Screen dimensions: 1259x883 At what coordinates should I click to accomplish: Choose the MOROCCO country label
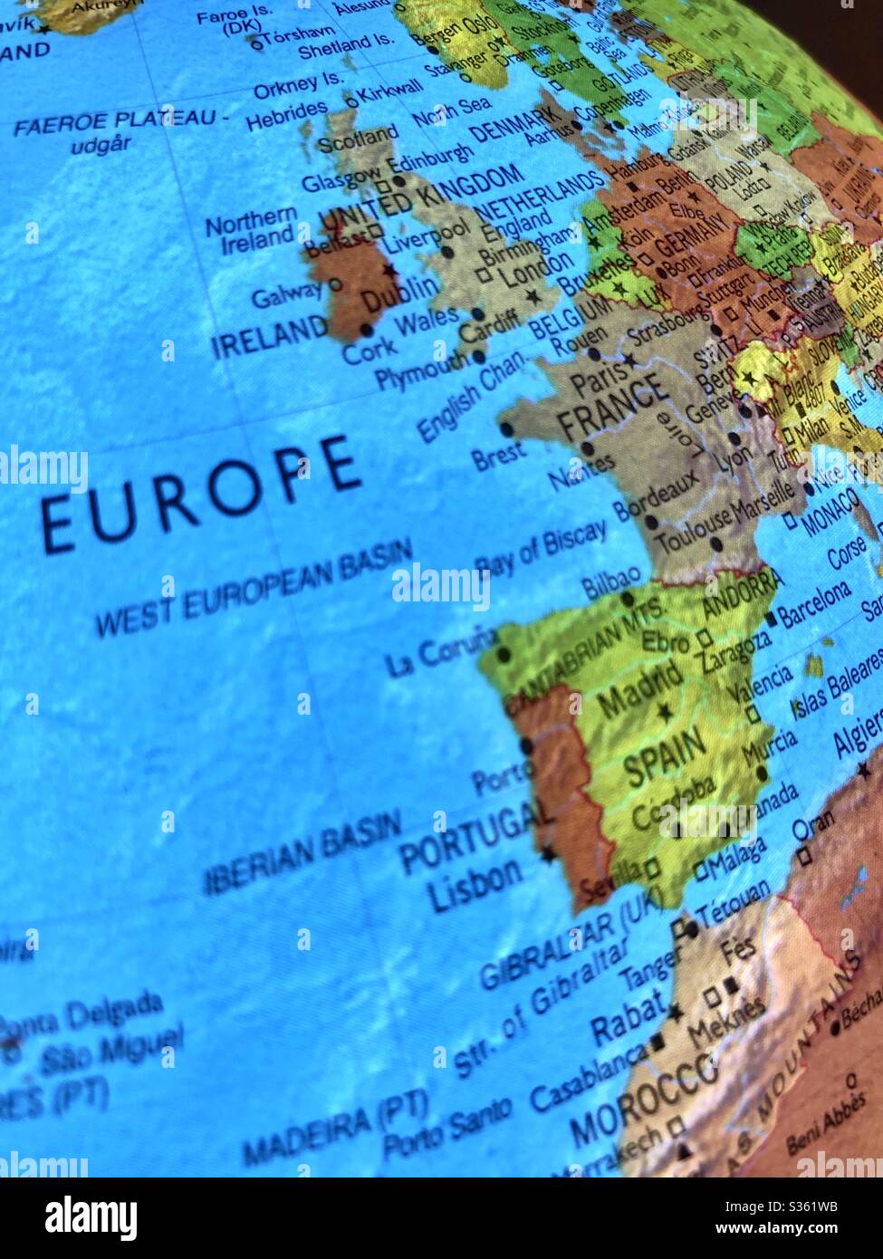tap(644, 1106)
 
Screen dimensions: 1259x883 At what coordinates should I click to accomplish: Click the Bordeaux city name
tap(657, 492)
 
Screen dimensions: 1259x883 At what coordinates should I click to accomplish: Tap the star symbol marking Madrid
tap(665, 712)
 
